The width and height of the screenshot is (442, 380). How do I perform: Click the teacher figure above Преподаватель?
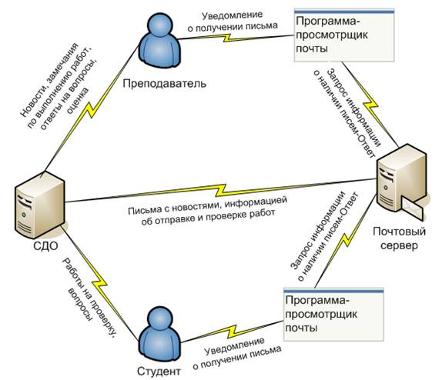[159, 40]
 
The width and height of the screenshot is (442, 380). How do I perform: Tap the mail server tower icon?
[401, 180]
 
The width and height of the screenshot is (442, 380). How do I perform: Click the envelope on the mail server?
[412, 208]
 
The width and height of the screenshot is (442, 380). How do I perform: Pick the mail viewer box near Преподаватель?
[344, 35]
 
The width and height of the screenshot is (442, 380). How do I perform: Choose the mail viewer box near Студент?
[333, 315]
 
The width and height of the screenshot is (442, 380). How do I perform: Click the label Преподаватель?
[164, 84]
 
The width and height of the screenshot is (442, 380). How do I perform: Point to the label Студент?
[159, 372]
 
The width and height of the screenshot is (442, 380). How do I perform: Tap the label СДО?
[45, 246]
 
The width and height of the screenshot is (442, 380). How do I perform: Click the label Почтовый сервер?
[399, 238]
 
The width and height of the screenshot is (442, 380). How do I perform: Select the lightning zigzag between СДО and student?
[99, 285]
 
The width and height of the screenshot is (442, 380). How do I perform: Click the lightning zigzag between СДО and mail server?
[221, 190]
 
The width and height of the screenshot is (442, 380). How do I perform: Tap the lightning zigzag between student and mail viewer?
[233, 332]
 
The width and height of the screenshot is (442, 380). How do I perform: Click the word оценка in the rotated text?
[79, 100]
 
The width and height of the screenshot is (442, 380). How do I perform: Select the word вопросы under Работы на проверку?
[81, 304]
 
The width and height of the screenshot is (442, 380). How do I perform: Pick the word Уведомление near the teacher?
[233, 15]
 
